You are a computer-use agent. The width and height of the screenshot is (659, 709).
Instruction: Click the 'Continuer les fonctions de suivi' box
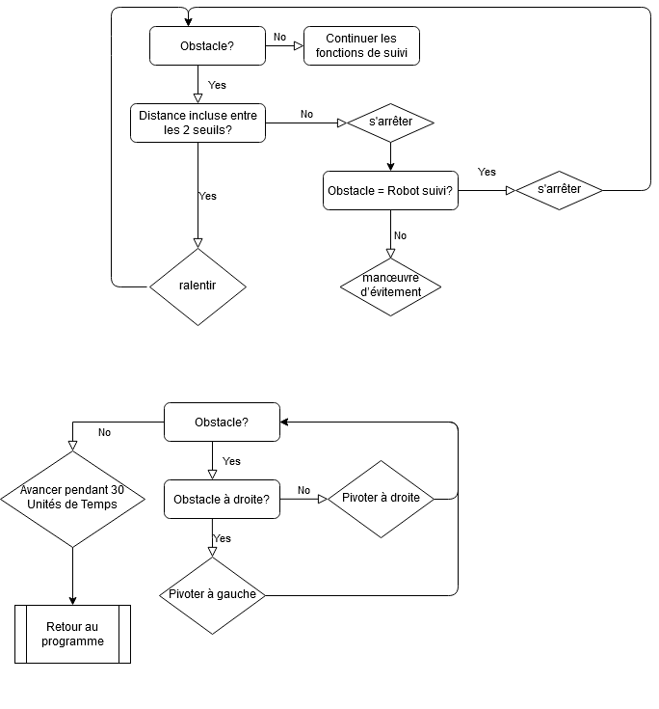(361, 45)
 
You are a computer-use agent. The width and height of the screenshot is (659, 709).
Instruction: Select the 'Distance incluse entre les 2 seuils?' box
(198, 123)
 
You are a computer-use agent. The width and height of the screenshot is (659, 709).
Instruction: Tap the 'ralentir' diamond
(198, 286)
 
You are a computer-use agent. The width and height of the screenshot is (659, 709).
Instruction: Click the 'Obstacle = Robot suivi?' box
(390, 191)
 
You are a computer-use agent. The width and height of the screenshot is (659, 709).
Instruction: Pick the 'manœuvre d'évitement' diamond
(390, 286)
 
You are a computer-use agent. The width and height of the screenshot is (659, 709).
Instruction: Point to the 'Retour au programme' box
(72, 634)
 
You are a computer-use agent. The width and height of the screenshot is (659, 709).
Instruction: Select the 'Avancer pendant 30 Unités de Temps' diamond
(72, 499)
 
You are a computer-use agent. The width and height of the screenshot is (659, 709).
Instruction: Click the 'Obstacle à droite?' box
(222, 500)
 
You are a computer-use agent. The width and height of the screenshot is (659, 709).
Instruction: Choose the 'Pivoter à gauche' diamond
(212, 594)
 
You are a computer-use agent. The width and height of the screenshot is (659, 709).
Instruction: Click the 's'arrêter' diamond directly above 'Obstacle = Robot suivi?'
(390, 123)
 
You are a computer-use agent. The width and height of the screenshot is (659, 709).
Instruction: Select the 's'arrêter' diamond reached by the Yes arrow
(559, 190)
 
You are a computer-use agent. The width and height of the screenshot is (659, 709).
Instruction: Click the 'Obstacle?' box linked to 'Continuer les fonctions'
(207, 46)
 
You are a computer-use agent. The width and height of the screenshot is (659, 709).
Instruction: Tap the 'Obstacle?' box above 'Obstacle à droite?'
(222, 422)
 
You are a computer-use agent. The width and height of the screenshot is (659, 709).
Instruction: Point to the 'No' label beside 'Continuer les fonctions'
(279, 37)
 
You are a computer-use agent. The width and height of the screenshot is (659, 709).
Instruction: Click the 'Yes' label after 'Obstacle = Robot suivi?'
(487, 172)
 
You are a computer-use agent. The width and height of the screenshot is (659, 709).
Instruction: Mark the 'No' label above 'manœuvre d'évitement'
(400, 235)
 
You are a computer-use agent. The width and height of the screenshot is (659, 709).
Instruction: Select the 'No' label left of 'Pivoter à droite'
(303, 490)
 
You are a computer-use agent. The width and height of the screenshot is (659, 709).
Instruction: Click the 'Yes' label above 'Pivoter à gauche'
(222, 538)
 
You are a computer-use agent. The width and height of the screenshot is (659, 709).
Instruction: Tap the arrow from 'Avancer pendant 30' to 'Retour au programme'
(72, 576)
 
